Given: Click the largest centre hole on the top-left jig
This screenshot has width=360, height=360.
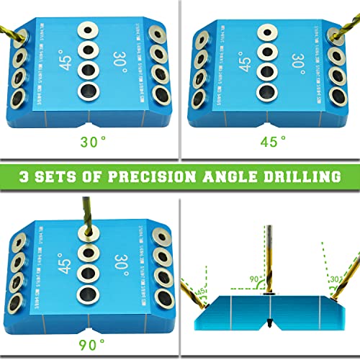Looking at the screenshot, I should [89, 91].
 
